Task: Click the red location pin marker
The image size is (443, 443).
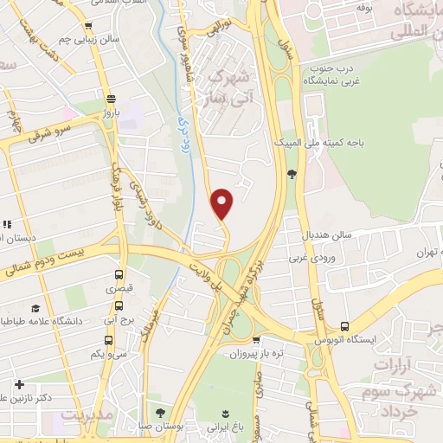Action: pyautogui.click(x=222, y=202)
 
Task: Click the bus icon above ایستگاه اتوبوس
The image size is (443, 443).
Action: pyautogui.click(x=345, y=326)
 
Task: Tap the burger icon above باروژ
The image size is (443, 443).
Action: pyautogui.click(x=109, y=98)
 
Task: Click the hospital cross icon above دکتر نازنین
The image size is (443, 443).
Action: pyautogui.click(x=19, y=383)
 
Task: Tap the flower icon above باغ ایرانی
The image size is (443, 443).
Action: pyautogui.click(x=226, y=412)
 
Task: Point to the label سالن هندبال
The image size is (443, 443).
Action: pyautogui.click(x=324, y=234)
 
